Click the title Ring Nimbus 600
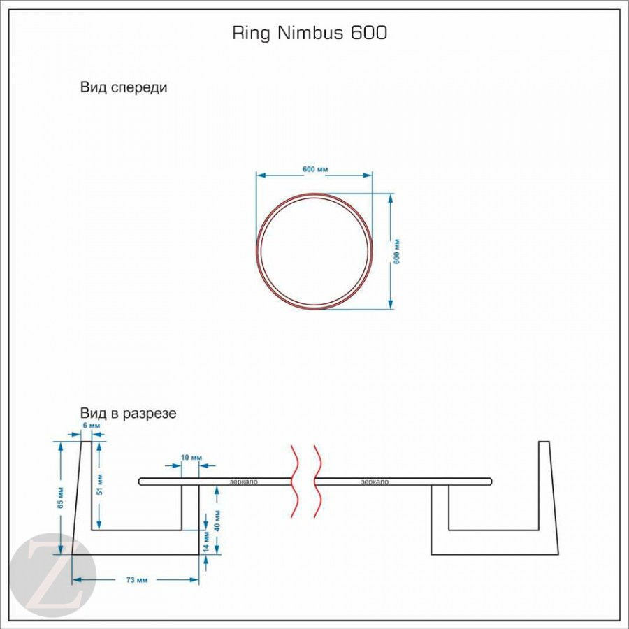309,34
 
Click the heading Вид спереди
124,88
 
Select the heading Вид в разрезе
128,413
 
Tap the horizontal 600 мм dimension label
315,170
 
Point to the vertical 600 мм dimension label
397,250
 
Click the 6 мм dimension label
91,426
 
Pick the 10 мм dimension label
191,458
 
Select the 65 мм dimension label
62,496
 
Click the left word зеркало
244,482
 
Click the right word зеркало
375,482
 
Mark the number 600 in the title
365,34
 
